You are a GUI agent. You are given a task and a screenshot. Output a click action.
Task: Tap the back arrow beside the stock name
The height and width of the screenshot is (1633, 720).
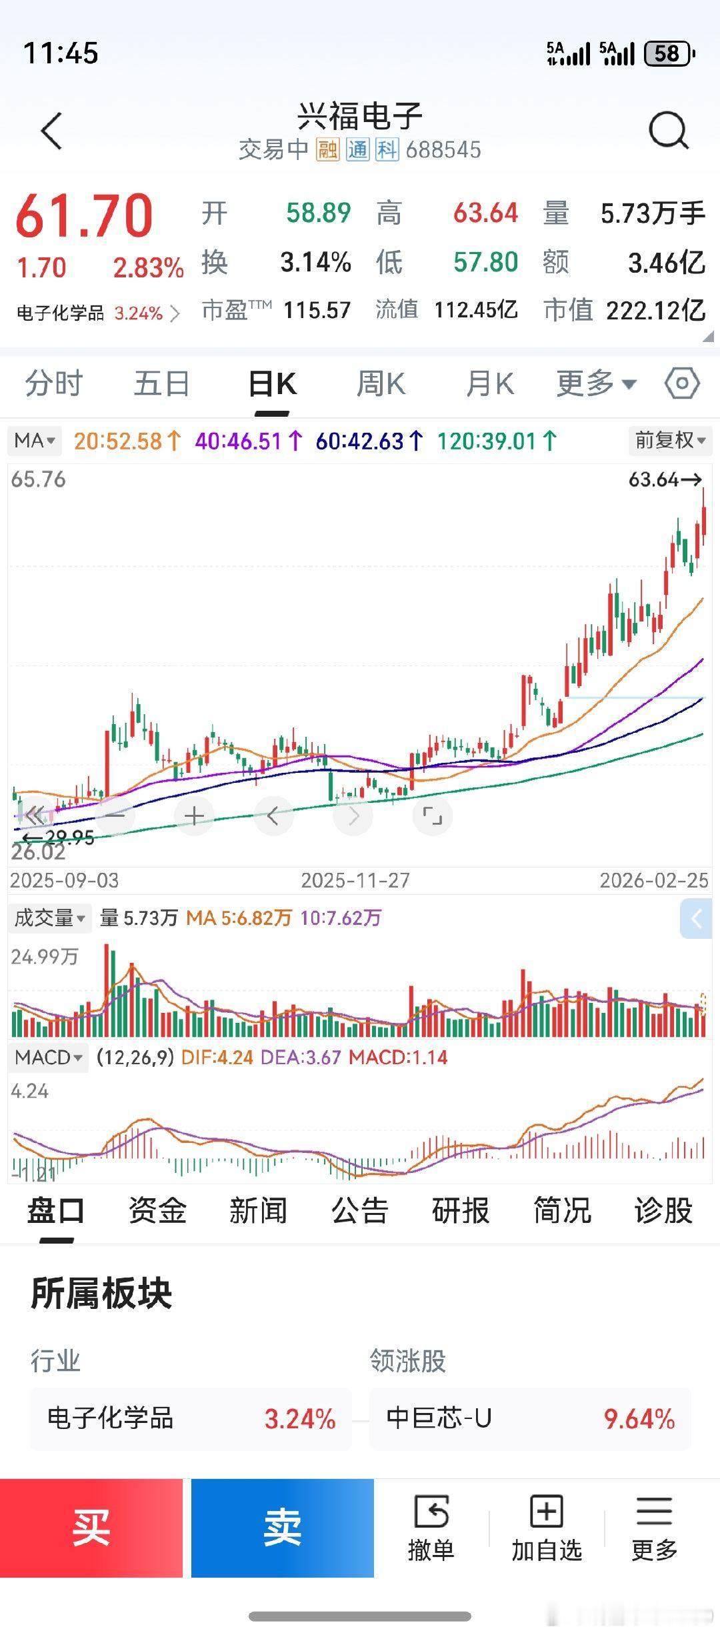51,131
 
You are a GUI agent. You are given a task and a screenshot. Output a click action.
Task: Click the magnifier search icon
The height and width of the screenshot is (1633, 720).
668,130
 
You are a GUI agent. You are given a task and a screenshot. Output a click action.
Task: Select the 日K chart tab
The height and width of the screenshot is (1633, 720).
272,385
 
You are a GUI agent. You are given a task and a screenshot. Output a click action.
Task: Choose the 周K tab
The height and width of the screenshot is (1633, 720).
381,385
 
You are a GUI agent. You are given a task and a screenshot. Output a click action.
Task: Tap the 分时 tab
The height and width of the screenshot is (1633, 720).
53,385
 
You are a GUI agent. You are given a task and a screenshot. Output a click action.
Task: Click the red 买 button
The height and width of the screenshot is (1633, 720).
91,1528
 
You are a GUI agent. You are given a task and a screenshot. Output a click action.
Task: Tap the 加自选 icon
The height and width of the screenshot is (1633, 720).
547,1528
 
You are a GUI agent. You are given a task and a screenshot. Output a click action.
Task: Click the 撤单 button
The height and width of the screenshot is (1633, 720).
431,1528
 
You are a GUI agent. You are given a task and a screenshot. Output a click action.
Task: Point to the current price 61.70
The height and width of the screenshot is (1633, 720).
85,215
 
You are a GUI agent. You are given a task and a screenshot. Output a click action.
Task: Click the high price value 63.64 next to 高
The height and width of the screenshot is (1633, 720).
485,213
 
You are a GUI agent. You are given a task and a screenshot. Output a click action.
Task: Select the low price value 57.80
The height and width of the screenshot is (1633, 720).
485,262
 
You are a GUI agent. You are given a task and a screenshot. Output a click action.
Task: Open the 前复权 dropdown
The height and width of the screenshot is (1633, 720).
669,440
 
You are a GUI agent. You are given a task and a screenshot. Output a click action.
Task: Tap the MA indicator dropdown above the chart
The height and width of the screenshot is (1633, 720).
34,440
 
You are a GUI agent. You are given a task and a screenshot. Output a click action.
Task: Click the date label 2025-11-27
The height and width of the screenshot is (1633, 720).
355,880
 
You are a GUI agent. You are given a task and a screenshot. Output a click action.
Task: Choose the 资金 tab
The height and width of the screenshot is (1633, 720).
157,1210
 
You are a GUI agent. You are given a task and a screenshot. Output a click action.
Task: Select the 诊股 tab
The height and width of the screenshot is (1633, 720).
663,1210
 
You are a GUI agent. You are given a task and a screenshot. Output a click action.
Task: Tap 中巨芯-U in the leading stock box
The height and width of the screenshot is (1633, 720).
439,1418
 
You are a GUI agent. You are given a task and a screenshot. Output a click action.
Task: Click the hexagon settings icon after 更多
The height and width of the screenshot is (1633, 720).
682,383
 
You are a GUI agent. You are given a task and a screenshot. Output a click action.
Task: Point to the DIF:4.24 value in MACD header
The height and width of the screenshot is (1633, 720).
217,1057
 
